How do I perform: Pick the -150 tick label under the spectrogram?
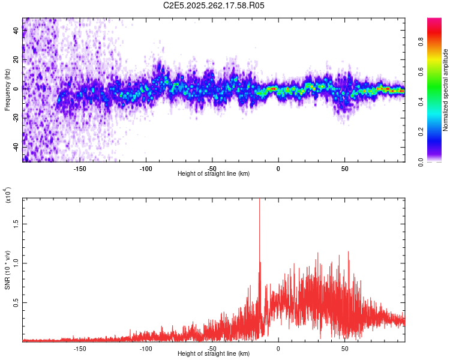tap(80, 168)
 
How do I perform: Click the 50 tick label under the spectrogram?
tap(344, 168)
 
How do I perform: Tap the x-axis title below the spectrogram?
tap(214, 174)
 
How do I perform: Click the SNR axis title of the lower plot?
tap(7, 269)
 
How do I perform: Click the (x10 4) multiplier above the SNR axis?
tap(8, 194)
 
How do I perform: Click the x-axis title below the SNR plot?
tap(214, 354)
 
